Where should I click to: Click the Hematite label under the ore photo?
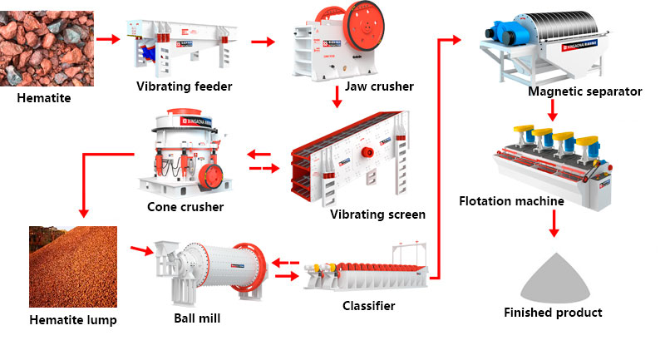44,99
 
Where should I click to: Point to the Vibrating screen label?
377,215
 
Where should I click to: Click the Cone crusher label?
185,206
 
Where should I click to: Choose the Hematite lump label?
72,319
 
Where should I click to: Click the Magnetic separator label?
584,91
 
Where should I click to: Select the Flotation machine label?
511,201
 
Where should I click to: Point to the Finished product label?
553,313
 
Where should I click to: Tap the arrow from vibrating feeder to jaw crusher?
263,42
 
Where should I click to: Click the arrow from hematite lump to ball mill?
140,249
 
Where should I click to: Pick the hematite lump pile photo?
71,267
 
